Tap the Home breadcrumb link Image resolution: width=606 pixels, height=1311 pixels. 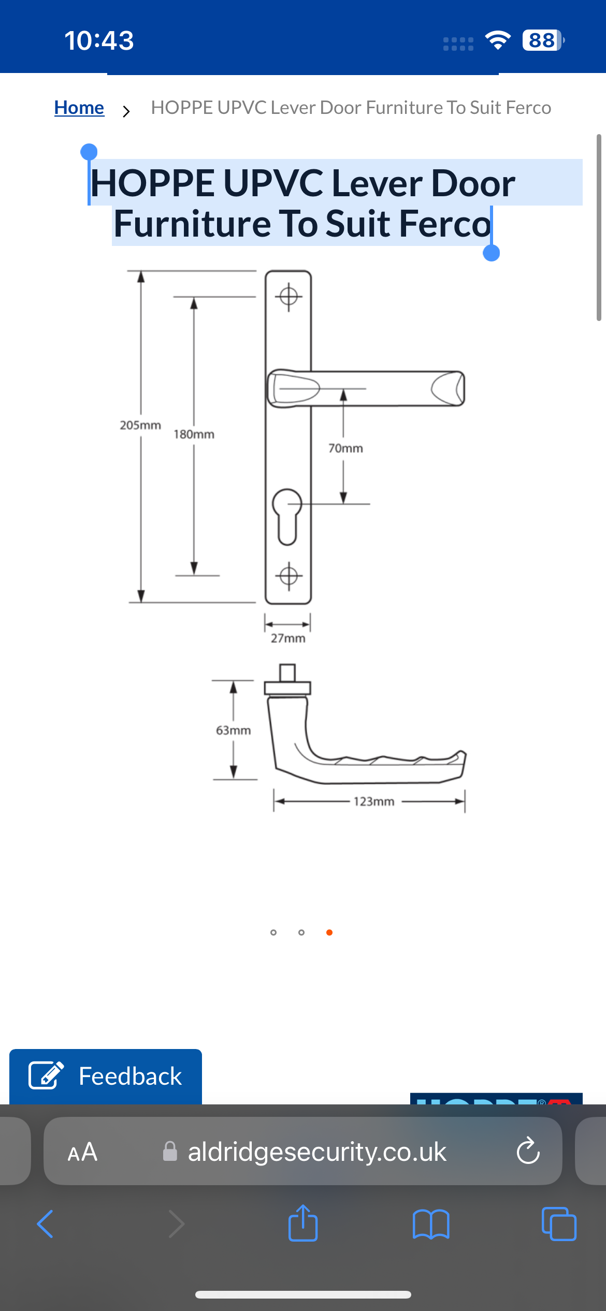[79, 108]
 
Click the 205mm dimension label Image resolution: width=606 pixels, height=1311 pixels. [140, 425]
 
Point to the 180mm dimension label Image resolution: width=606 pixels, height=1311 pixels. [194, 434]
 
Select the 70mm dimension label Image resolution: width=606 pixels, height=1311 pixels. [345, 448]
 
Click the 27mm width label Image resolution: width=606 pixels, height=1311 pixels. [288, 638]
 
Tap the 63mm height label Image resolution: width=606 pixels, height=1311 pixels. [233, 731]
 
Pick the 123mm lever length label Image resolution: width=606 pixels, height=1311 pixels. [373, 802]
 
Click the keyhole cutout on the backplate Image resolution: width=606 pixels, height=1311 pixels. [287, 516]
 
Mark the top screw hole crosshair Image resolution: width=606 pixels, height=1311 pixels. [288, 297]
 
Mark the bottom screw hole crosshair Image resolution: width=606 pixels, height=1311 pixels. [288, 576]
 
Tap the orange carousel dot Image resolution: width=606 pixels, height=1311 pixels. [329, 933]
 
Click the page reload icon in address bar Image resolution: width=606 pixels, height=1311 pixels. [528, 1151]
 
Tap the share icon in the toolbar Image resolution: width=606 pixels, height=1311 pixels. [303, 1223]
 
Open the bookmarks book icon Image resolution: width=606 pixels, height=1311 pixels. [431, 1225]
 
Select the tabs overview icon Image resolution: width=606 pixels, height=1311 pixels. [558, 1224]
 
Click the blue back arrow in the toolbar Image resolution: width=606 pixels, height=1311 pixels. [46, 1224]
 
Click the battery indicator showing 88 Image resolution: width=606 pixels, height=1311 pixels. [542, 40]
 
